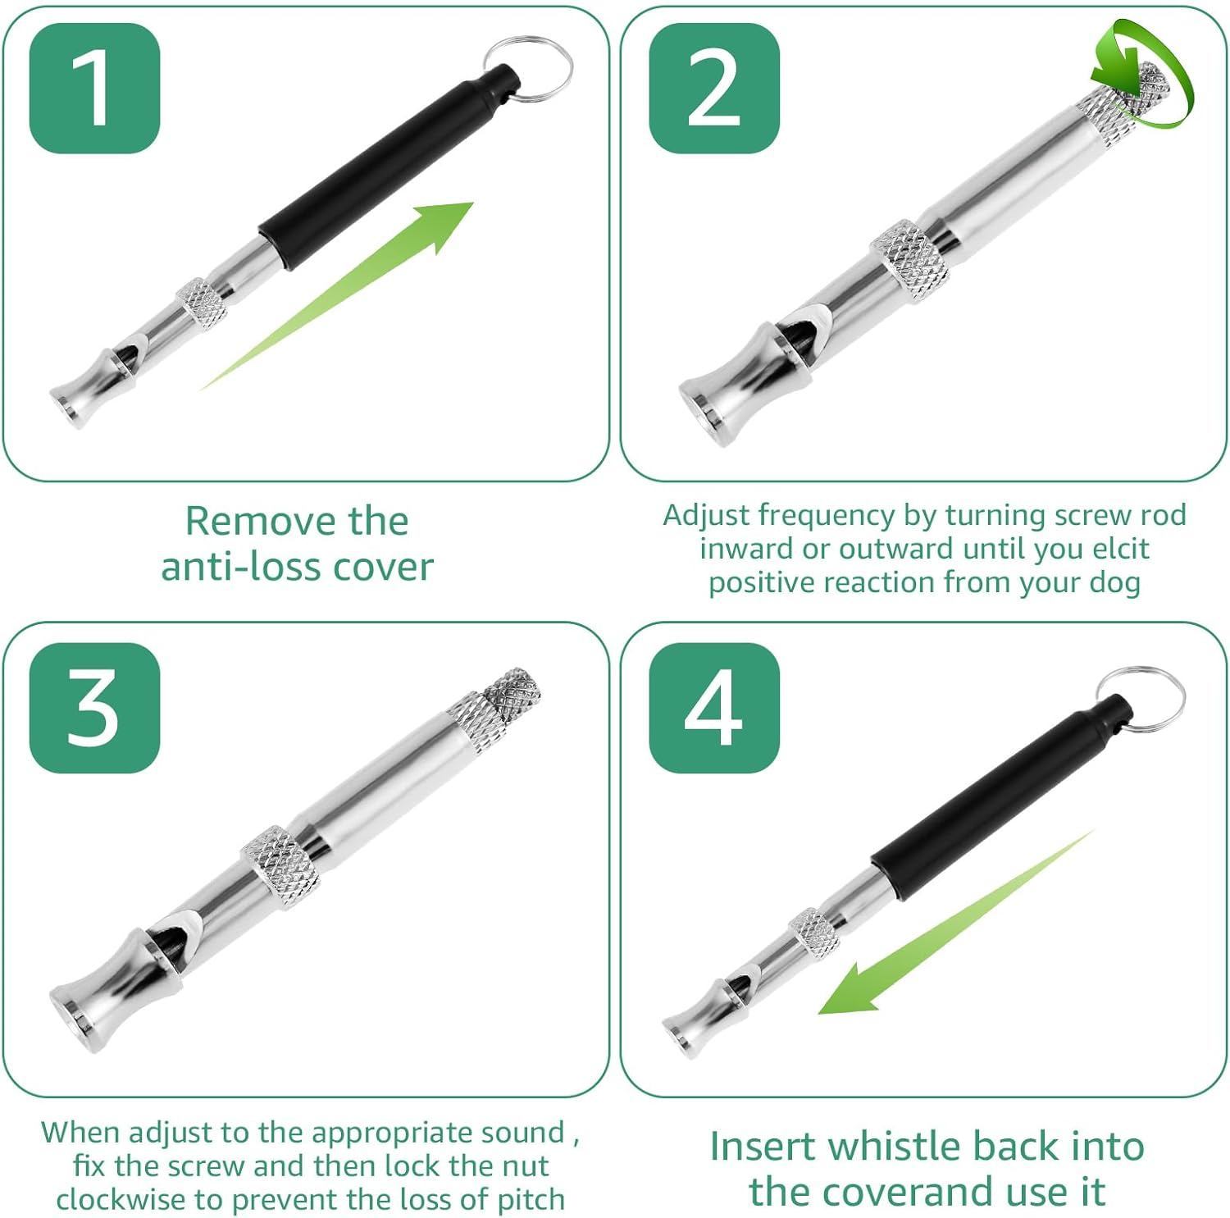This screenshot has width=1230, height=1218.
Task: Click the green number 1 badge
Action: (x=94, y=89)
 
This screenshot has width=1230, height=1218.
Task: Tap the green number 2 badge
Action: (x=713, y=89)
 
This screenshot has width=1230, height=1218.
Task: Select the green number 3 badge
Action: (x=94, y=708)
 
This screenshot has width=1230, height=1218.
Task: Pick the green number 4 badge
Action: (x=713, y=708)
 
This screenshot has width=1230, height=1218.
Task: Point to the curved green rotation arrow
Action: (x=1148, y=78)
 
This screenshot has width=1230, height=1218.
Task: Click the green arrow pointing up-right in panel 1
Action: (x=369, y=279)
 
